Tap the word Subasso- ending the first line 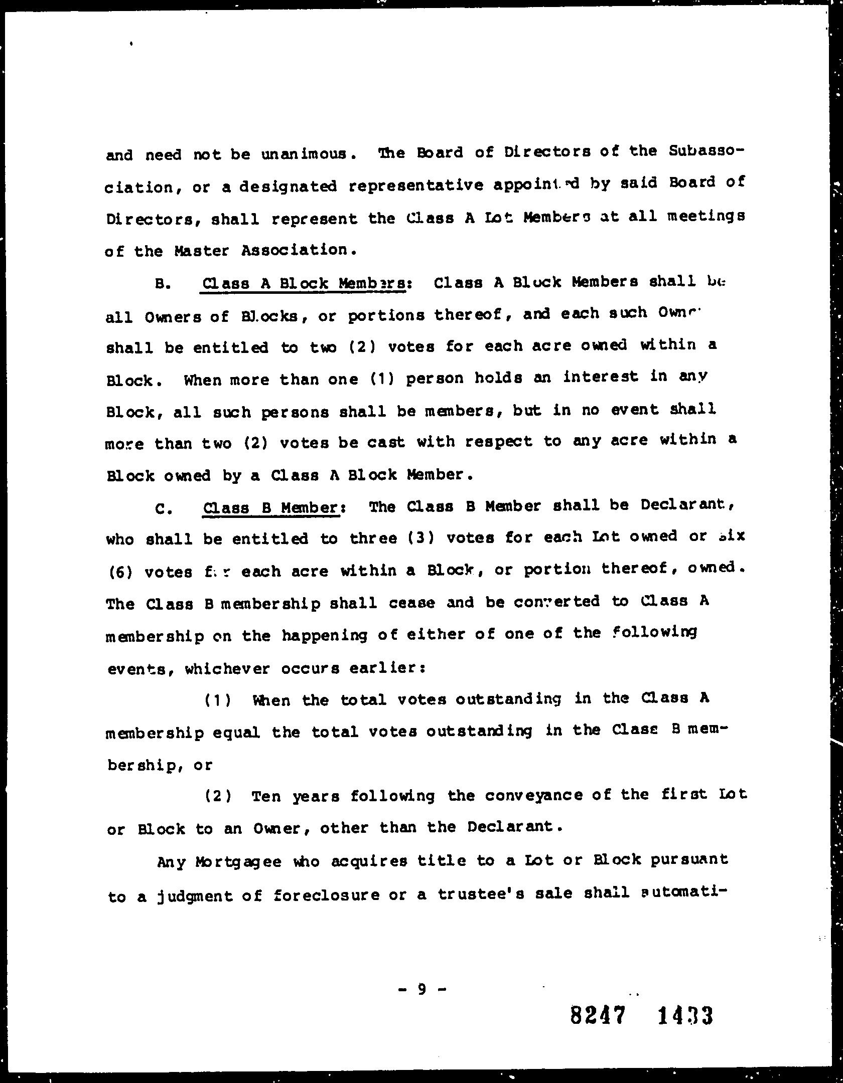click(x=705, y=151)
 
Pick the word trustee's click(x=481, y=894)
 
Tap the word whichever click(x=228, y=668)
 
